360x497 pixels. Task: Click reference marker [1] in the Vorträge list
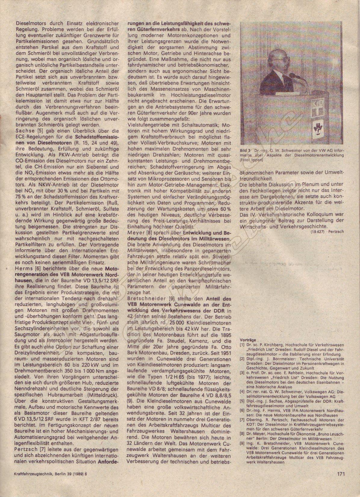tap(242, 345)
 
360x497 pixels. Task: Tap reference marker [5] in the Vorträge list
tap(242, 401)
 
